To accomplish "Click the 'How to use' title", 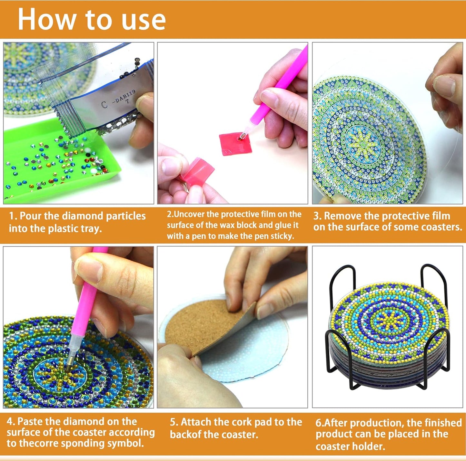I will pyautogui.click(x=92, y=19).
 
